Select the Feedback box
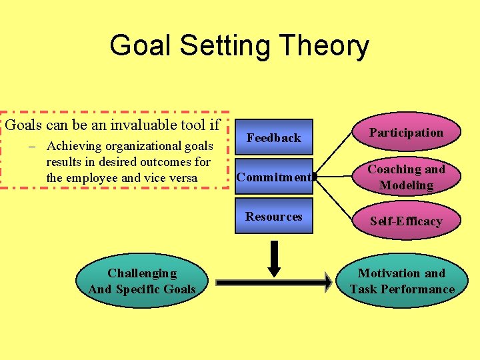pyautogui.click(x=273, y=137)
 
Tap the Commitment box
pyautogui.click(x=273, y=177)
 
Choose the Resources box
pyautogui.click(x=273, y=216)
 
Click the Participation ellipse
pyautogui.click(x=406, y=133)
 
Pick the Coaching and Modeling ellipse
pyautogui.click(x=406, y=177)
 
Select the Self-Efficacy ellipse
pyautogui.click(x=406, y=221)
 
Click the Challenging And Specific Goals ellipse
pyautogui.click(x=142, y=281)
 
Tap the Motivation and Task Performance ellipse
pyautogui.click(x=402, y=281)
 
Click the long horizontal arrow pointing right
pyautogui.click(x=273, y=282)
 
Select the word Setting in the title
pyautogui.click(x=226, y=47)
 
